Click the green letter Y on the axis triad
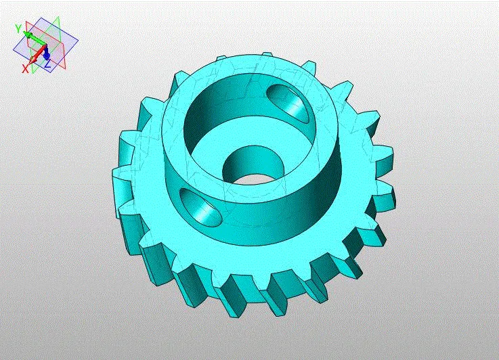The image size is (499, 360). coord(18,28)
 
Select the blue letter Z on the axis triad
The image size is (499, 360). coord(47,64)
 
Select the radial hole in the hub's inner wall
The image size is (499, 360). coord(288,101)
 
